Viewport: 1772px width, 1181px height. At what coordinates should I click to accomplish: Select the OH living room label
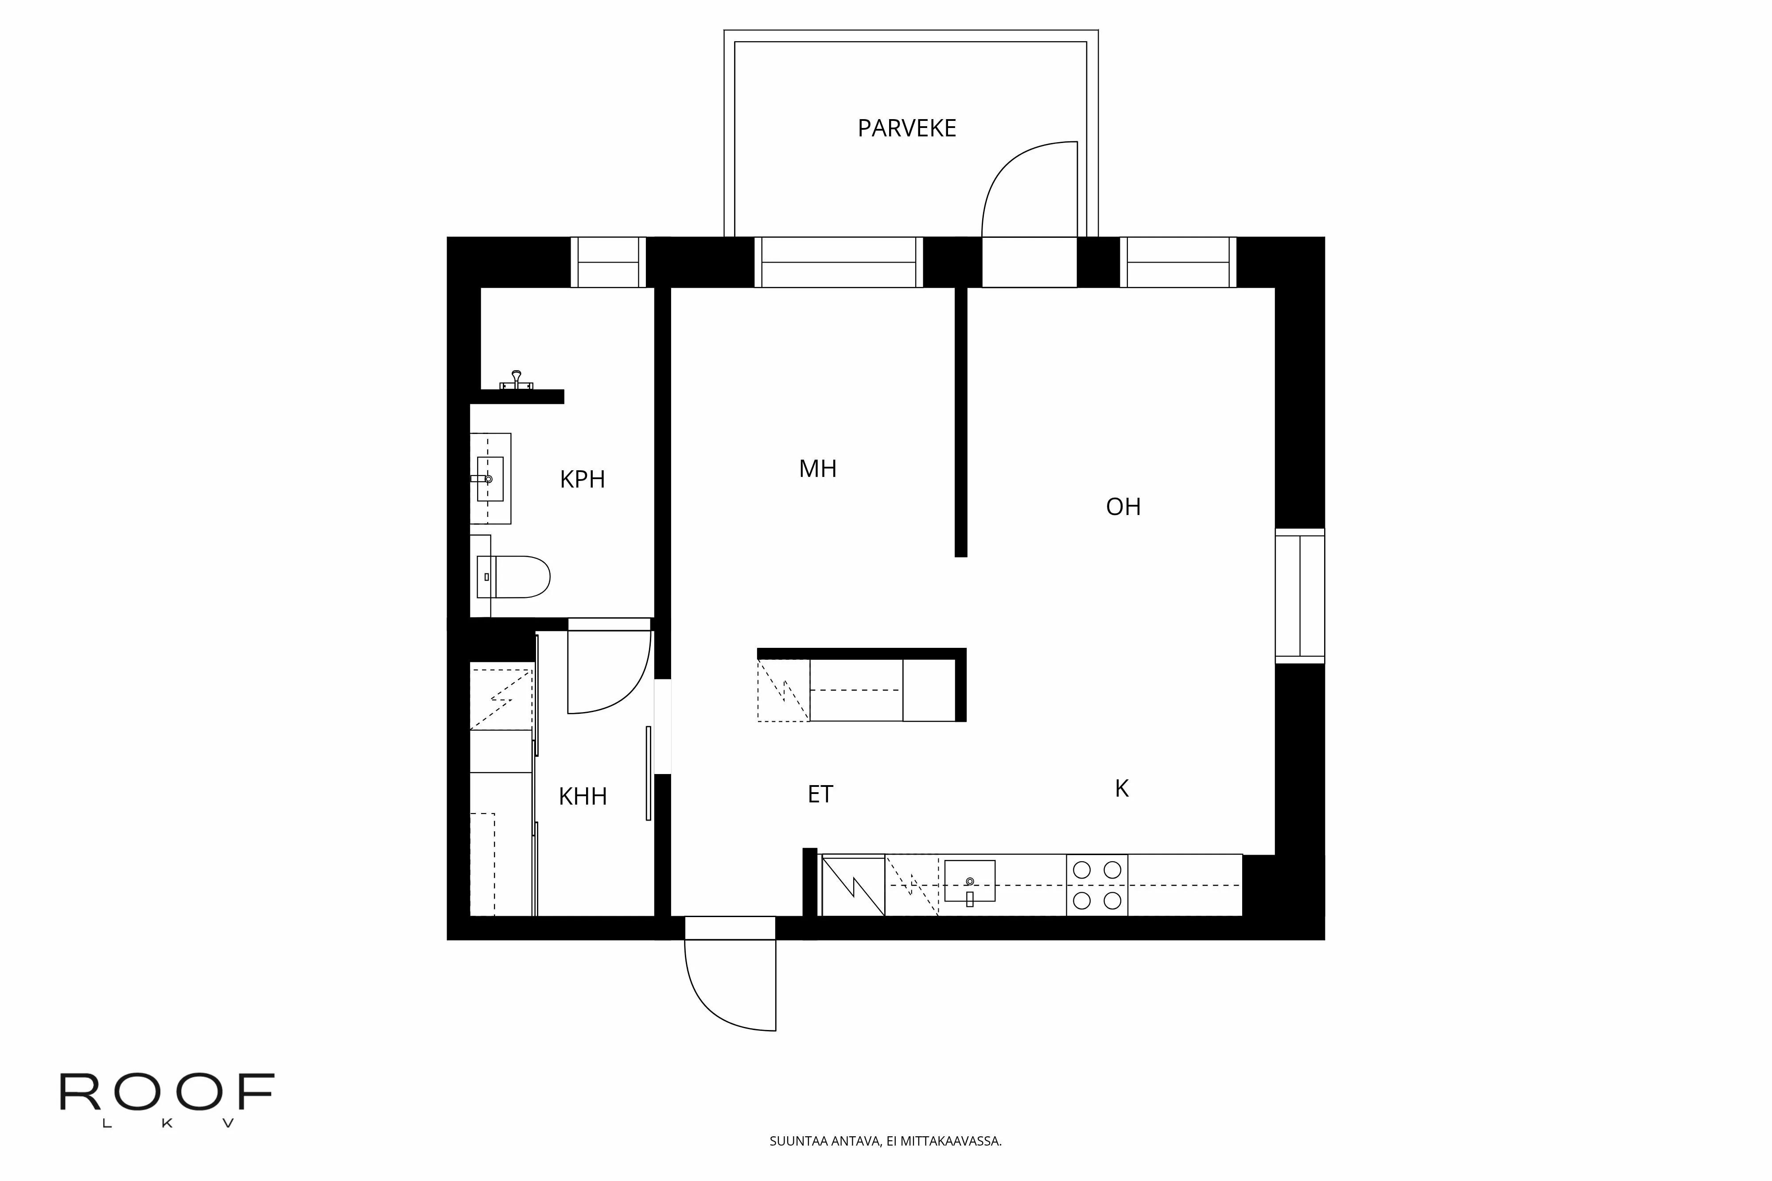tap(1123, 507)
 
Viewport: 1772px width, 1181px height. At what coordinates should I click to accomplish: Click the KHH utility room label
tap(583, 796)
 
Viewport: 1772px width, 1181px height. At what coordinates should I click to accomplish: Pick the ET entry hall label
tap(820, 794)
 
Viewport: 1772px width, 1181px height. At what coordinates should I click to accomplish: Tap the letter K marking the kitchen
tap(1121, 789)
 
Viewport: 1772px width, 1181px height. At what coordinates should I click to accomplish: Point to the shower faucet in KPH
tap(516, 380)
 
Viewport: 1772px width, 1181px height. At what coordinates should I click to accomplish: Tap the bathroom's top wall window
tap(608, 262)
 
